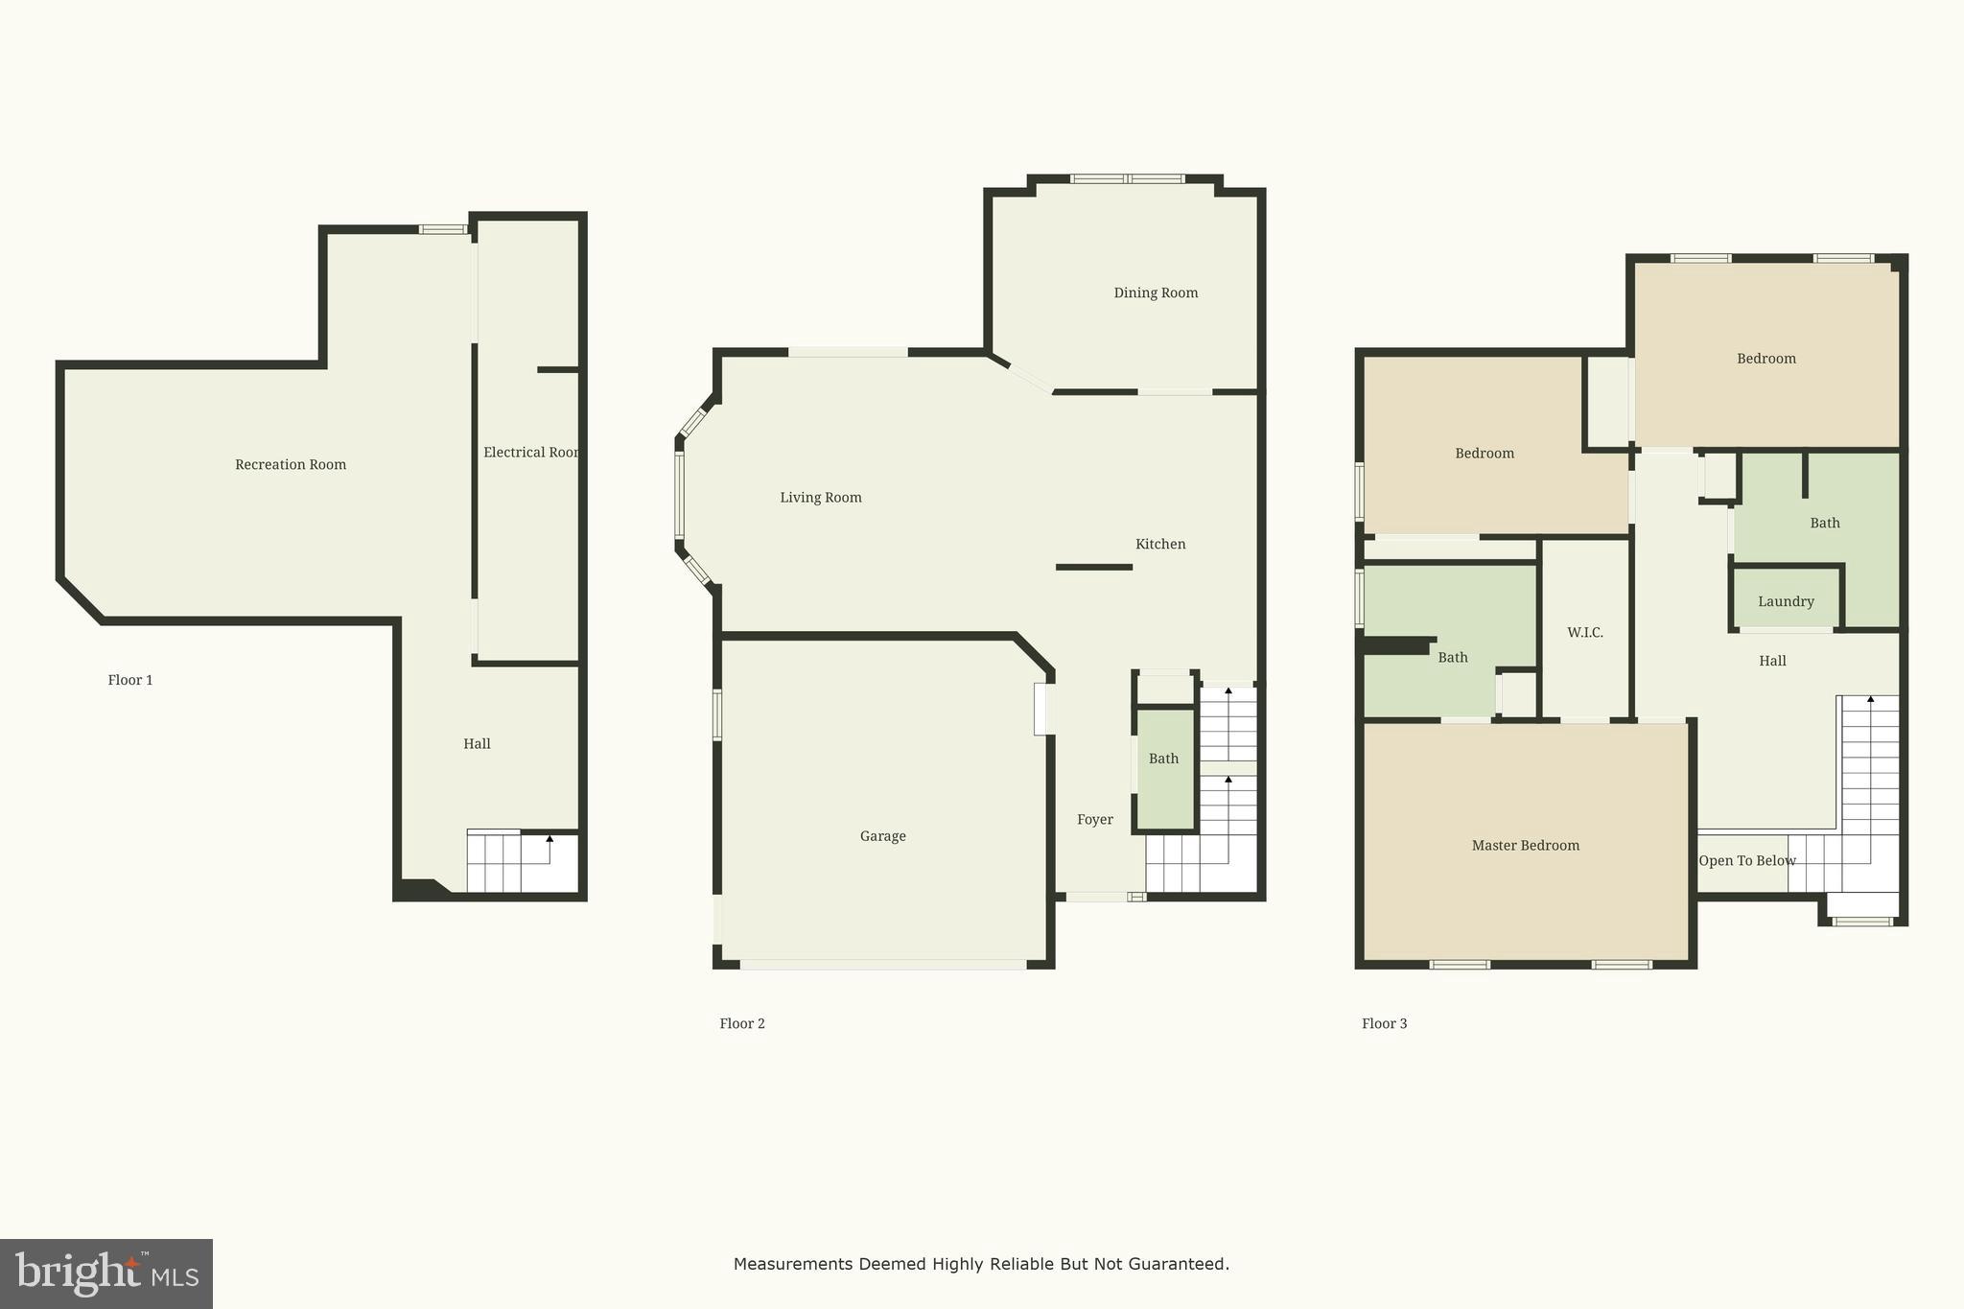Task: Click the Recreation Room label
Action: click(291, 465)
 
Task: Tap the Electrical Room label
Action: click(530, 453)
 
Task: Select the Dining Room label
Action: click(1156, 293)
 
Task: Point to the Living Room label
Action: click(821, 498)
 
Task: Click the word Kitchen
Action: click(1160, 545)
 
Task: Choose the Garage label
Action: click(882, 836)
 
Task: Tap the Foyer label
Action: click(1095, 820)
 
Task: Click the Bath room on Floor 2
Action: click(1164, 767)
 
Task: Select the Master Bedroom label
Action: click(1525, 846)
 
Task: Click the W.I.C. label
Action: click(1585, 633)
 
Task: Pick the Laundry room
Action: click(1786, 601)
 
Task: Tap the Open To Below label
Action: click(1746, 861)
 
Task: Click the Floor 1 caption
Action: click(130, 681)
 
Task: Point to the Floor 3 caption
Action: click(1384, 1024)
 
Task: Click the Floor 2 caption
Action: click(742, 1024)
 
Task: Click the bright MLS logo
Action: click(106, 1274)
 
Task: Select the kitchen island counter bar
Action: click(1094, 568)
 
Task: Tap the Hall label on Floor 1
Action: click(477, 744)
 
